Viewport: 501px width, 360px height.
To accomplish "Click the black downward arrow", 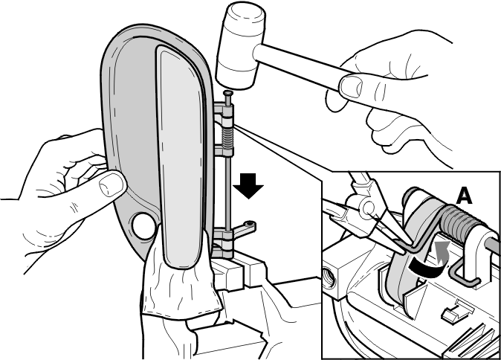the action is pyautogui.click(x=248, y=186).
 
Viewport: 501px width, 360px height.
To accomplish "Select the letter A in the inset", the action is pyautogui.click(x=465, y=196).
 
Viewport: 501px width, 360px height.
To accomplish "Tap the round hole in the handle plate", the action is pyautogui.click(x=143, y=225).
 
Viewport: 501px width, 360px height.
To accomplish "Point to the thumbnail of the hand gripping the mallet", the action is pyautogui.click(x=350, y=86).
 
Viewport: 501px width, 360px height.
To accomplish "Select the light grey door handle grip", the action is pyautogui.click(x=181, y=157).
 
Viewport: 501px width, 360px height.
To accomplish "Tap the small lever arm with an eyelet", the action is pyautogui.click(x=244, y=228).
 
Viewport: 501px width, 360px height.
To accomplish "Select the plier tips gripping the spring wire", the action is pyautogui.click(x=400, y=244).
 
